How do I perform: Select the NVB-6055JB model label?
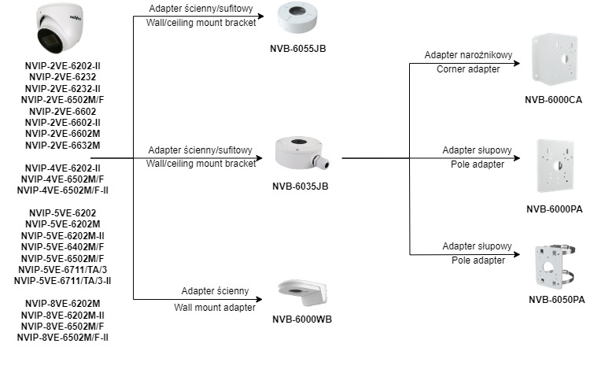(x=299, y=49)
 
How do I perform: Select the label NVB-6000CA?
(x=553, y=101)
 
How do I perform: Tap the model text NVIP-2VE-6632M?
(x=62, y=145)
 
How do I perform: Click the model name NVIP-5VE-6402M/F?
(x=62, y=247)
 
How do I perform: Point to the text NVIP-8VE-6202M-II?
(x=62, y=315)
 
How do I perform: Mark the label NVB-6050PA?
(x=556, y=299)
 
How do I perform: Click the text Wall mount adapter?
(x=215, y=307)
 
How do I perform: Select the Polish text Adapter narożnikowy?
(x=468, y=55)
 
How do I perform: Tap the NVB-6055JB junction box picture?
(x=299, y=20)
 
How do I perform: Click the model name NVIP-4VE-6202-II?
(x=62, y=168)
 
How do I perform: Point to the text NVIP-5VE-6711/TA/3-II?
(x=62, y=280)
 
